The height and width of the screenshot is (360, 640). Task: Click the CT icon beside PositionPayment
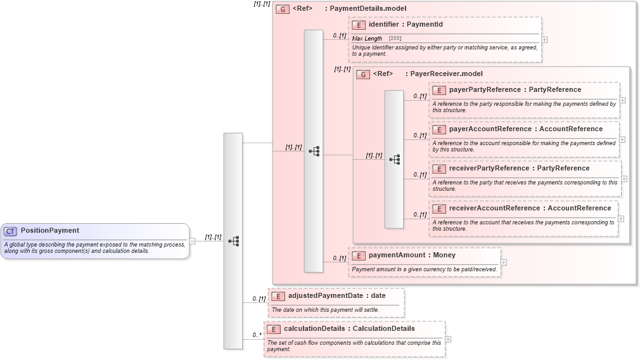tap(10, 231)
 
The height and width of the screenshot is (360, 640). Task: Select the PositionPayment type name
tap(50, 231)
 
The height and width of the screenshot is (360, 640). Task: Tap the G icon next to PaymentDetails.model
tap(283, 9)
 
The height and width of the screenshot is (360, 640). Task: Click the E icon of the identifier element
tap(359, 25)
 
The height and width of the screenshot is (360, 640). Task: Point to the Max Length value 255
tap(395, 39)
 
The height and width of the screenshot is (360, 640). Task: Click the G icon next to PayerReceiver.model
tap(363, 74)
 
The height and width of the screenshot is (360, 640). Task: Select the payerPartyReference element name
tap(485, 90)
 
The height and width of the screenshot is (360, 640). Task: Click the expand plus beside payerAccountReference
tap(622, 139)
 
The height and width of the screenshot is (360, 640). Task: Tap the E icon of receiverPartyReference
tap(439, 169)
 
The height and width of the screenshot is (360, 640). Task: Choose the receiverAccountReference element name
tap(494, 209)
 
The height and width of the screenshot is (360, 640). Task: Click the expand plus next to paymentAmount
tap(504, 262)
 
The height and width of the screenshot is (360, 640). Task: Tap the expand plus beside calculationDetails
tap(449, 338)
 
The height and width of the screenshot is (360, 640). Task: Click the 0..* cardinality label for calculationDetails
tap(257, 335)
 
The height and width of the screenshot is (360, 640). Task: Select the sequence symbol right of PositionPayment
tap(233, 241)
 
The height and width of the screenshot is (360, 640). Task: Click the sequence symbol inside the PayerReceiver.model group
tap(394, 159)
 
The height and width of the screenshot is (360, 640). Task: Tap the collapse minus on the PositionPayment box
tap(192, 241)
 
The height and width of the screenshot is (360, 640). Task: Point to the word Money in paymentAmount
tap(444, 255)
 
